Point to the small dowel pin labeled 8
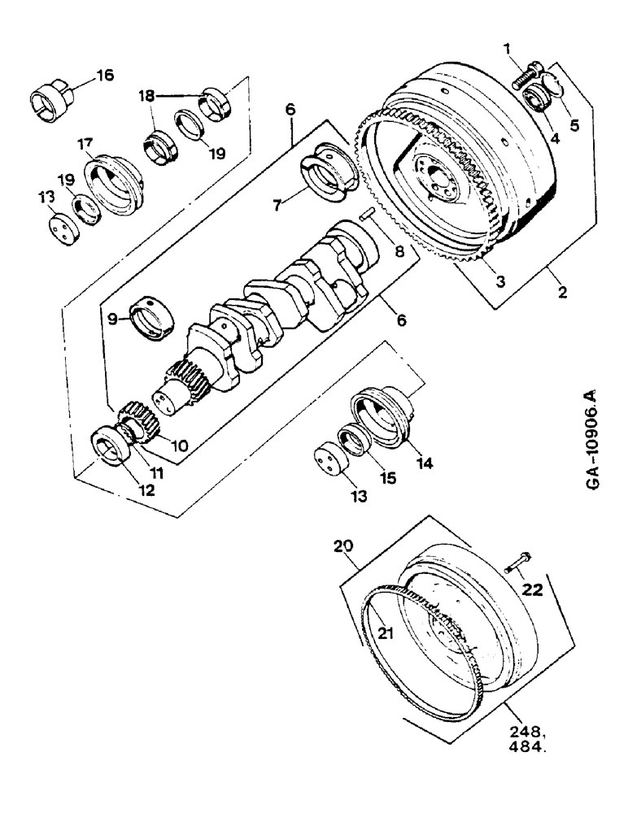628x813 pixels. click(x=368, y=215)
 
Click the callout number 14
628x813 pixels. click(x=424, y=465)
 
